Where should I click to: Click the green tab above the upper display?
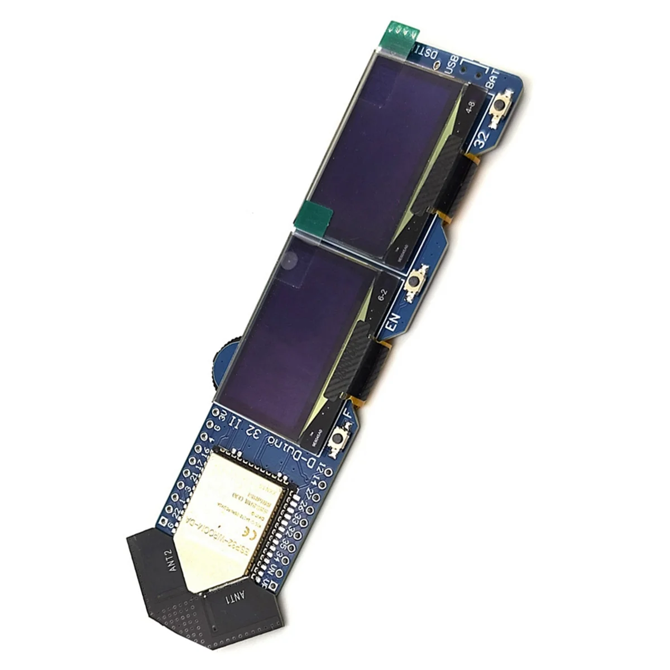(399, 35)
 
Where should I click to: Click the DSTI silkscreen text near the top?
(425, 55)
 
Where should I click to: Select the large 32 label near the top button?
(481, 136)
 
